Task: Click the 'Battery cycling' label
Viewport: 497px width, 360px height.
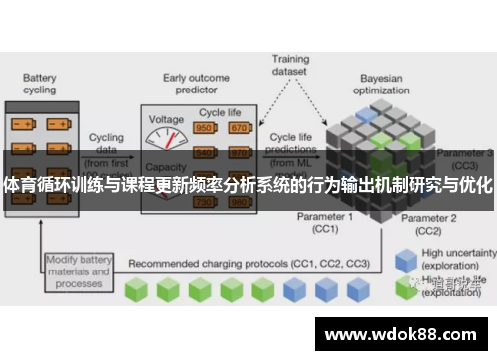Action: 40,82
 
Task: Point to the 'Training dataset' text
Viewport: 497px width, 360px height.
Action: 290,65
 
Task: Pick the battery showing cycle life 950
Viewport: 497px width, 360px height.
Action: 206,128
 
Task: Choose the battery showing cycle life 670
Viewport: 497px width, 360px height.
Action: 239,128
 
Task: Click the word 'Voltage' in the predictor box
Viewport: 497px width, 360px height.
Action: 167,119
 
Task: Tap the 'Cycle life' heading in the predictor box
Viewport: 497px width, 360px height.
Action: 221,113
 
